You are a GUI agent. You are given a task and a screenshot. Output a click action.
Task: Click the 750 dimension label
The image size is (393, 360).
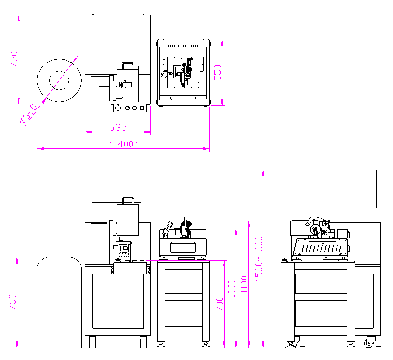point(14,59)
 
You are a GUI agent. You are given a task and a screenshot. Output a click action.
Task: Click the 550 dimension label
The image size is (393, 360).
point(217,72)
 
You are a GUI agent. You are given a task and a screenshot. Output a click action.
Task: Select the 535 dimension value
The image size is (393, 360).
point(118,127)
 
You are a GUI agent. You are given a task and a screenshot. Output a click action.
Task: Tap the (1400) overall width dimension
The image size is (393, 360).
point(123,143)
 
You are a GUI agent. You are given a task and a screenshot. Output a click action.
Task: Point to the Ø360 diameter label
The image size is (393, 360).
point(28,114)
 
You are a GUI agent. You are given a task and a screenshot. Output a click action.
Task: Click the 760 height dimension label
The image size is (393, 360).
point(12,303)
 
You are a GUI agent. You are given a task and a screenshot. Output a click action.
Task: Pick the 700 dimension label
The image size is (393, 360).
point(220,303)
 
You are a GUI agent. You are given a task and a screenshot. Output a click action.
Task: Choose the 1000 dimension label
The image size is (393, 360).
point(232,288)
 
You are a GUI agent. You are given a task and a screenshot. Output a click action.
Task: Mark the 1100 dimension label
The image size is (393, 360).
point(244,284)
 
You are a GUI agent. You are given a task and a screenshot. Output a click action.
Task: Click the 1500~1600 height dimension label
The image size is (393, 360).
point(259,259)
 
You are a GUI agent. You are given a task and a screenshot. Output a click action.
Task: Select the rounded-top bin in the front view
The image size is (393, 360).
point(59,302)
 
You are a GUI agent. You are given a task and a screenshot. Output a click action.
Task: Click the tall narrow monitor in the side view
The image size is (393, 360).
point(373,189)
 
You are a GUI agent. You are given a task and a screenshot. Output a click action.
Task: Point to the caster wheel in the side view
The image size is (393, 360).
point(370,343)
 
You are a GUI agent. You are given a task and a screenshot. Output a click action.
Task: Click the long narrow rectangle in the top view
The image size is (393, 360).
point(116,22)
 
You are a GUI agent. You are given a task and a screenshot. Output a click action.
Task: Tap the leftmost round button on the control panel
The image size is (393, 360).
point(119,108)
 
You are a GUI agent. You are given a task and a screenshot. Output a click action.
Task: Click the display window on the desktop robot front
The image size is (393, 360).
point(183,246)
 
